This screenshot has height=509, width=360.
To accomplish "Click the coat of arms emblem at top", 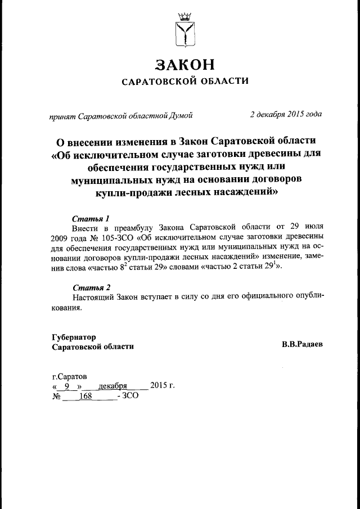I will (185, 30).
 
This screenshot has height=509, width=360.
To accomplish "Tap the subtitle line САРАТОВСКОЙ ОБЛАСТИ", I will (185, 81).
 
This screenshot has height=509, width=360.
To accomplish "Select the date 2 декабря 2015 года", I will (286, 115).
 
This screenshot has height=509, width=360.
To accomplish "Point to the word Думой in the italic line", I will (182, 115).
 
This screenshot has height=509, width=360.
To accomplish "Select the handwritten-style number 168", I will (85, 396).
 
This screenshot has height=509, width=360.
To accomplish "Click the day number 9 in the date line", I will (67, 386).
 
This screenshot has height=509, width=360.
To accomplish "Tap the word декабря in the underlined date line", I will (112, 386).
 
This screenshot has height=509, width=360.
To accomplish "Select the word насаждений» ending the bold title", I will (247, 192).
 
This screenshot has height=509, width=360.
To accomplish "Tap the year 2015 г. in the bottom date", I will (163, 386).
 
